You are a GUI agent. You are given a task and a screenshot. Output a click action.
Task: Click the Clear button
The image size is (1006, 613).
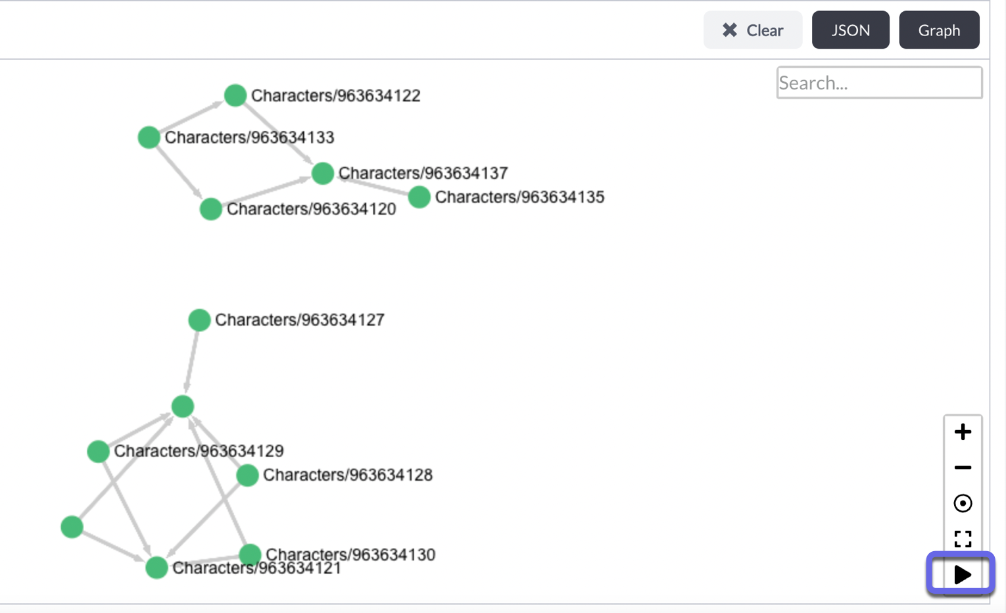pyautogui.click(x=753, y=30)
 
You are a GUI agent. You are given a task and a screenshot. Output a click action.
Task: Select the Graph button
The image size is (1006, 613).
pyautogui.click(x=939, y=30)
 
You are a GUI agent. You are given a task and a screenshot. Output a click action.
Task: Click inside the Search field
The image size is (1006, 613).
pyautogui.click(x=879, y=83)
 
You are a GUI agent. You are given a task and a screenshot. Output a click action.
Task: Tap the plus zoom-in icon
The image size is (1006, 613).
pyautogui.click(x=963, y=432)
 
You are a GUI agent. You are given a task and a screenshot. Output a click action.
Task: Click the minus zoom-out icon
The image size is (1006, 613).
pyautogui.click(x=963, y=468)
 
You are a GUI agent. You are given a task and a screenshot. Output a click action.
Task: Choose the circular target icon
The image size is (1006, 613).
pyautogui.click(x=963, y=503)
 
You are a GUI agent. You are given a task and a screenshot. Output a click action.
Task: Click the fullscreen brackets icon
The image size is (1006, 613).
pyautogui.click(x=963, y=539)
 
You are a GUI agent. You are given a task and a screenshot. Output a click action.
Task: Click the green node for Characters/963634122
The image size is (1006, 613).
pyautogui.click(x=235, y=95)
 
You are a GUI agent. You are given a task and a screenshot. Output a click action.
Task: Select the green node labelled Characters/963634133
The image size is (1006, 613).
pyautogui.click(x=149, y=137)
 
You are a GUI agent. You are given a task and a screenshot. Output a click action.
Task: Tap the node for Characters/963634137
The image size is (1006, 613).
pyautogui.click(x=322, y=173)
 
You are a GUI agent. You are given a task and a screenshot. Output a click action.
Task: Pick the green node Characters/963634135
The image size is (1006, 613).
pyautogui.click(x=419, y=197)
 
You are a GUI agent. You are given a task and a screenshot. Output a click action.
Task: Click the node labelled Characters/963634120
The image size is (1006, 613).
pyautogui.click(x=210, y=209)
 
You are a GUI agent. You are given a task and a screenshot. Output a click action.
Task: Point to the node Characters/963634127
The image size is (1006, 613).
pyautogui.click(x=199, y=320)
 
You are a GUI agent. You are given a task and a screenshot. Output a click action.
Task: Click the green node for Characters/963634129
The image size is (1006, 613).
pyautogui.click(x=98, y=451)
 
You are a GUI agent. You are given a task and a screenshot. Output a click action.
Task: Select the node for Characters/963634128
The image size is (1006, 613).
pyautogui.click(x=247, y=475)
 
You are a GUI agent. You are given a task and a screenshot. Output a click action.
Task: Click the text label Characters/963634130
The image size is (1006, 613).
pyautogui.click(x=350, y=554)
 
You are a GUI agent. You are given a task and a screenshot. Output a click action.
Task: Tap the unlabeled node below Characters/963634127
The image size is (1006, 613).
pyautogui.click(x=183, y=406)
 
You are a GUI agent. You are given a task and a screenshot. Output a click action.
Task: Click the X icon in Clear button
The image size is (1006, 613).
pyautogui.click(x=729, y=30)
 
